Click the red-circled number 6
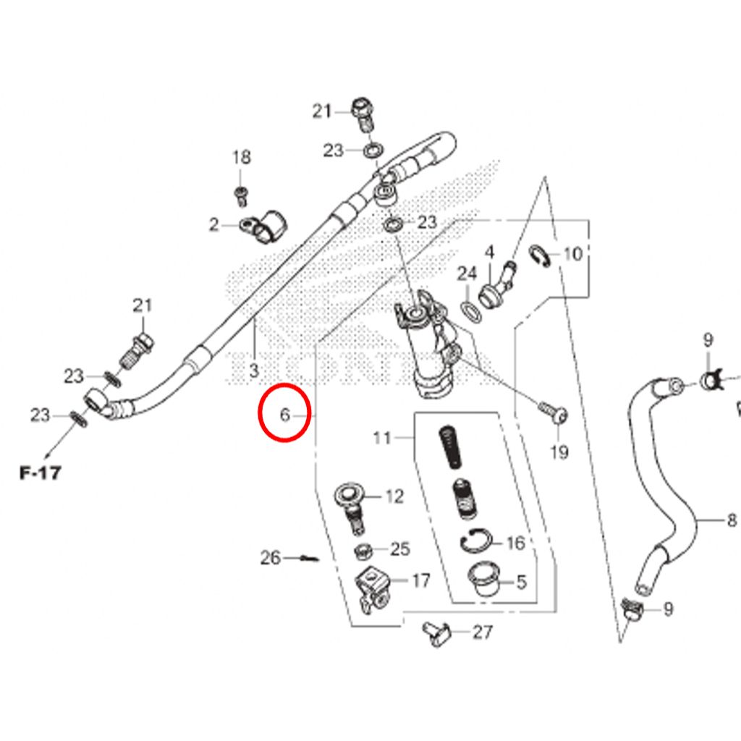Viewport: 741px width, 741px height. click(x=284, y=415)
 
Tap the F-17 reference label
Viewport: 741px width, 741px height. click(x=41, y=473)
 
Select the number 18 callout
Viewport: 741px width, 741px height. click(x=242, y=157)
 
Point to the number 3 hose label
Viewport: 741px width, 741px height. click(x=254, y=370)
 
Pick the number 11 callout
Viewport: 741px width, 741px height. click(x=382, y=438)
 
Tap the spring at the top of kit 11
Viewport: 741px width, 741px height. click(x=450, y=447)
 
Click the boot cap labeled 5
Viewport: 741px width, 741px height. click(x=483, y=578)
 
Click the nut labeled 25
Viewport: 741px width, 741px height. click(x=363, y=551)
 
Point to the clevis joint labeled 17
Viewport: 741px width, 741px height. click(x=373, y=590)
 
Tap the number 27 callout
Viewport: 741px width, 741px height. click(x=483, y=632)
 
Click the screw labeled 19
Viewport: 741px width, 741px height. click(x=553, y=411)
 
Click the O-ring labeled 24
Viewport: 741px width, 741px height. click(x=470, y=313)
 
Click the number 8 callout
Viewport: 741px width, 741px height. click(x=732, y=520)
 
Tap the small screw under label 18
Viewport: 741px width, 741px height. click(x=241, y=195)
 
